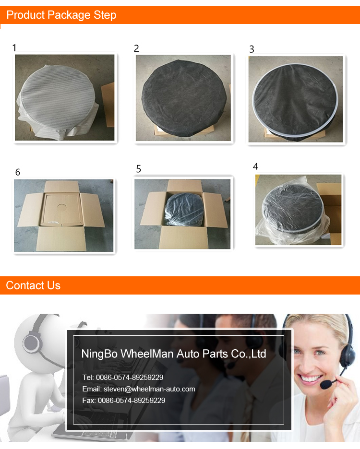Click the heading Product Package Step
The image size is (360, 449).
coord(61,15)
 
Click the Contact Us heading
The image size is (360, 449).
coord(33,285)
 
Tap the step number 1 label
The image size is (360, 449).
coord(14,47)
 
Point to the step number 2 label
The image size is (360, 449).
coord(136,48)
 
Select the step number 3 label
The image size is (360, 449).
coord(252,49)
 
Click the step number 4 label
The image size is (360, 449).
coord(255,166)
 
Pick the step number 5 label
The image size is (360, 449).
coord(138,169)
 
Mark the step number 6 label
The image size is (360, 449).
coord(17,172)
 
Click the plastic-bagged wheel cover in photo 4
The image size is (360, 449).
coord(293,209)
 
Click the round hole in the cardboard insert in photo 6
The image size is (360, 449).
coord(61,207)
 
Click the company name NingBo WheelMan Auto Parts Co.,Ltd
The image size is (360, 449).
coord(174,354)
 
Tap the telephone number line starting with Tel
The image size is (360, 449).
coord(123,378)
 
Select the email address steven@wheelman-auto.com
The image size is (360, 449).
coord(149,389)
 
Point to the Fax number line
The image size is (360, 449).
coord(124,401)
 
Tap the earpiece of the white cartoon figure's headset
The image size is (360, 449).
coord(31,343)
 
